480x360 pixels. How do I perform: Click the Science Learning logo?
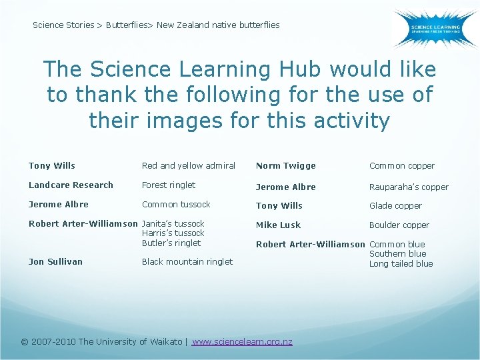(435, 28)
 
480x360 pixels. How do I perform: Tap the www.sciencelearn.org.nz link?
(242, 341)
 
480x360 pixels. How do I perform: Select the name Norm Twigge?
(286, 166)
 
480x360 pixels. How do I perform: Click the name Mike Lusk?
(279, 225)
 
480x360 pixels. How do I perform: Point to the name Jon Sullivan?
(55, 262)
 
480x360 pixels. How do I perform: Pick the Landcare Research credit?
(71, 185)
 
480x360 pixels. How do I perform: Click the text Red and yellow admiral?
(189, 166)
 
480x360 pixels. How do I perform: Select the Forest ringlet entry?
(169, 185)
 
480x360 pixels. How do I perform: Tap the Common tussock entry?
(176, 205)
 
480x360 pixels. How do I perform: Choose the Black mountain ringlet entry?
(187, 262)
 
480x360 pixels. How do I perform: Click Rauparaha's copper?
(409, 187)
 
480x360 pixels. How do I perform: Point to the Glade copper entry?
(395, 206)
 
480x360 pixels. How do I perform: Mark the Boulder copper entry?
(399, 225)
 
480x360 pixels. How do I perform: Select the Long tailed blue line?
(401, 264)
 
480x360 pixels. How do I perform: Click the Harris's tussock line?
(173, 233)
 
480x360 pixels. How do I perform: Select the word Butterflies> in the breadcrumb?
(129, 25)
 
